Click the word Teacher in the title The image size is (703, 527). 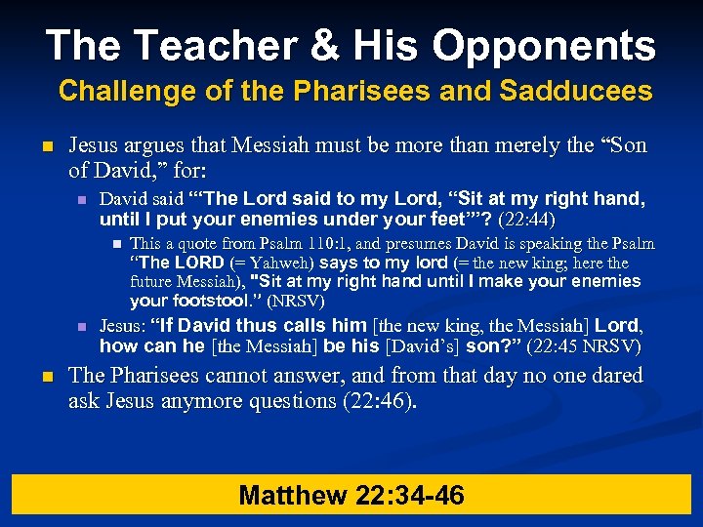click(x=207, y=45)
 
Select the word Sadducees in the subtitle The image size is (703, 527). click(x=576, y=92)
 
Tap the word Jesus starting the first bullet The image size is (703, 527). click(x=96, y=146)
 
